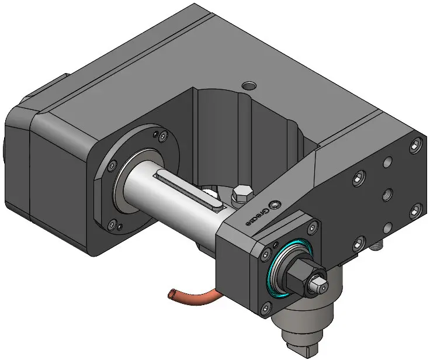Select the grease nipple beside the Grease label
(x=275, y=205)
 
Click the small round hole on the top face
(x=249, y=85)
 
